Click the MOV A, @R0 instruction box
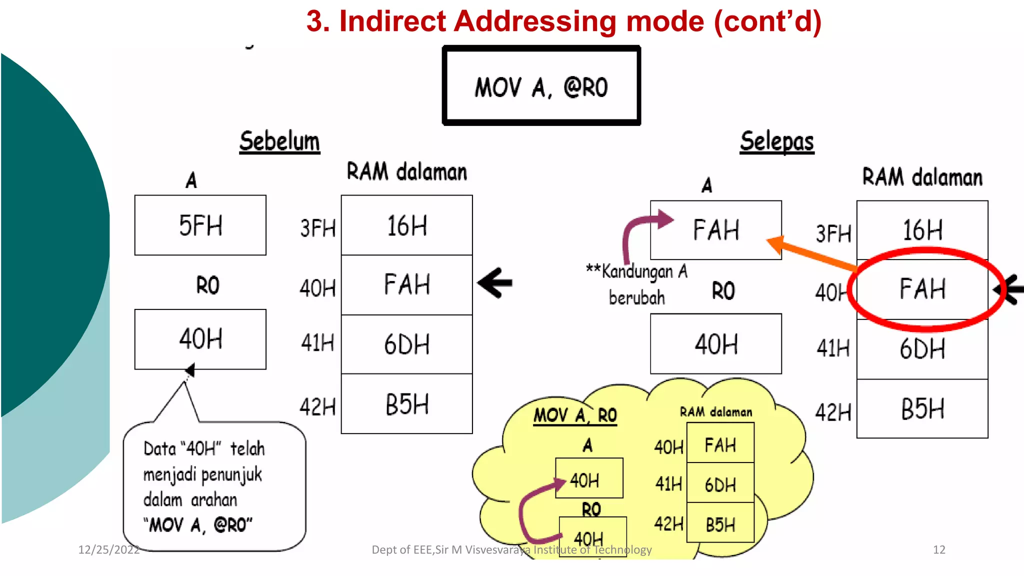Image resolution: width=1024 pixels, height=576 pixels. (x=541, y=86)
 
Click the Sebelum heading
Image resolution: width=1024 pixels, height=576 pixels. (x=279, y=141)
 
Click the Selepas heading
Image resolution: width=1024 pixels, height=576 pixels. (x=777, y=141)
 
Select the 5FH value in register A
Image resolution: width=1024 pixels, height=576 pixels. (x=200, y=225)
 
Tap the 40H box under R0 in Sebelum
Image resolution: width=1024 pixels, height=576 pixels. (x=200, y=339)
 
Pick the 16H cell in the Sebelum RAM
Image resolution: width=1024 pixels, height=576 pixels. (x=406, y=225)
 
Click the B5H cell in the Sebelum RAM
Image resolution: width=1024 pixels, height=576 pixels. (x=406, y=404)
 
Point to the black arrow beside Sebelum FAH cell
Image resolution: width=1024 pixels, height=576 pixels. (x=495, y=283)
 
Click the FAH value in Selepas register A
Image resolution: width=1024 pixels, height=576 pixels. (x=716, y=230)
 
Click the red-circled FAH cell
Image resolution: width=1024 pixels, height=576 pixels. (x=922, y=289)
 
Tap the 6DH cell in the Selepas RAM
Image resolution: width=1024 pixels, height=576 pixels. (x=922, y=348)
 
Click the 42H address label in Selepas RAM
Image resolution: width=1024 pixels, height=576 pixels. (x=833, y=412)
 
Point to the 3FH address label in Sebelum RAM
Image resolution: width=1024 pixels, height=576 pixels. (x=317, y=228)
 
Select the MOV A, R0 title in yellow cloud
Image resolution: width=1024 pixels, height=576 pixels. (x=575, y=415)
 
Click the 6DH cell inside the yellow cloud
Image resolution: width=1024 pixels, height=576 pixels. (x=720, y=484)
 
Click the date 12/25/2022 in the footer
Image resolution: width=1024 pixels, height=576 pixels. (x=108, y=549)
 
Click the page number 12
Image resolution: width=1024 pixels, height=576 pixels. (x=939, y=549)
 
